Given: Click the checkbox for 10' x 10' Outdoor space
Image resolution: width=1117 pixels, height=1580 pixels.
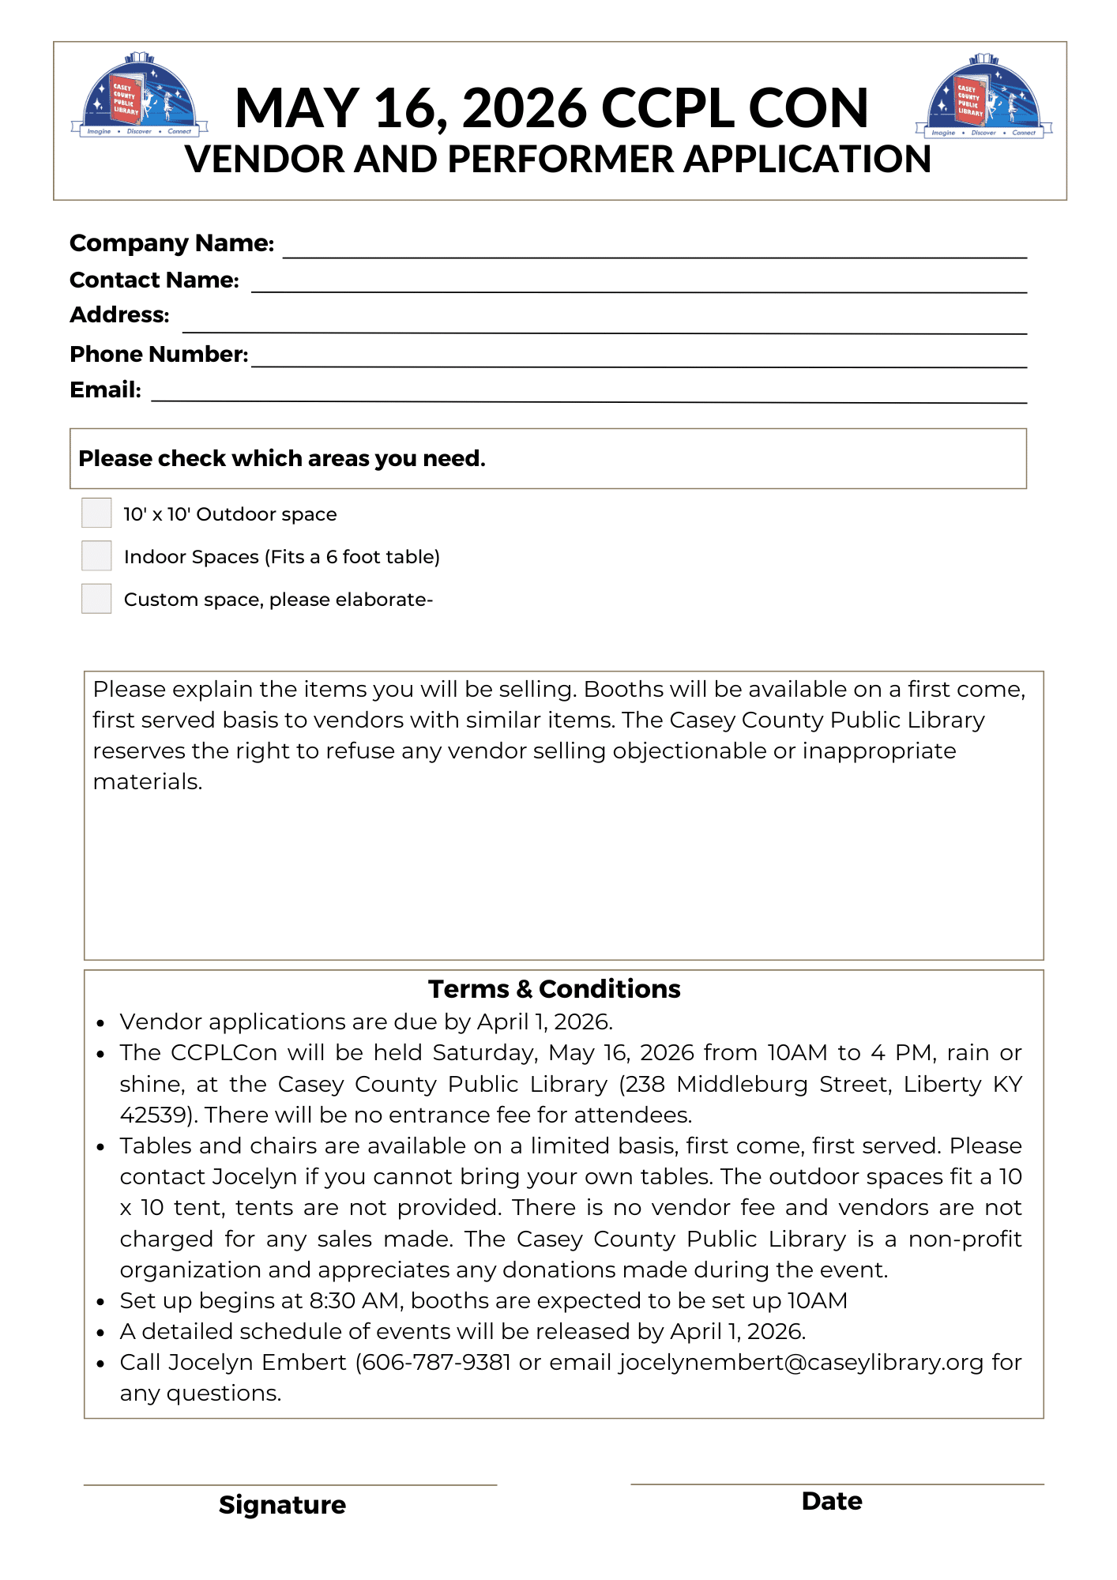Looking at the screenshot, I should [96, 513].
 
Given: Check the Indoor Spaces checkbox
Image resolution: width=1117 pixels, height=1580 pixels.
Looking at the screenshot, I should [96, 555].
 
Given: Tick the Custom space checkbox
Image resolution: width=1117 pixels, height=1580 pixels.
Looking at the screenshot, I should [96, 598].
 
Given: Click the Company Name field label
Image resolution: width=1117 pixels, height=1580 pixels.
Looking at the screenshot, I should [171, 243].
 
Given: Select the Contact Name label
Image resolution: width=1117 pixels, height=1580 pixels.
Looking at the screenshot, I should [154, 280].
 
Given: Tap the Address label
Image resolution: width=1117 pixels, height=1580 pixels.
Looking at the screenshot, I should [119, 315].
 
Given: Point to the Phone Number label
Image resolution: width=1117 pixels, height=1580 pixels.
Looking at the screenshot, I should [159, 354].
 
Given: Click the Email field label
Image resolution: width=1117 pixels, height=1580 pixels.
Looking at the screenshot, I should [105, 389].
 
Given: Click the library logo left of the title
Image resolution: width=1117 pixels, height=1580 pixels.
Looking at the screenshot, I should [140, 96].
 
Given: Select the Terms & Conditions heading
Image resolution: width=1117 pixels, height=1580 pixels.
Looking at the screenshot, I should [554, 989].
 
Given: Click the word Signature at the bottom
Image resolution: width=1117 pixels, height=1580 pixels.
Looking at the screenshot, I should [282, 1505].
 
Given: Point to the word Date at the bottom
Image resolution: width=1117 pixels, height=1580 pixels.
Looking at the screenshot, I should [831, 1501].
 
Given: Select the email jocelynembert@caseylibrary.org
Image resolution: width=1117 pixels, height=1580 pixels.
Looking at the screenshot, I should [801, 1363].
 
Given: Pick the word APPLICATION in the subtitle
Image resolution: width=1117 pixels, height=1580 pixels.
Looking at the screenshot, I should [807, 160].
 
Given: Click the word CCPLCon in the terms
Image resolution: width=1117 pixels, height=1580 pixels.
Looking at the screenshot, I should [224, 1053].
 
